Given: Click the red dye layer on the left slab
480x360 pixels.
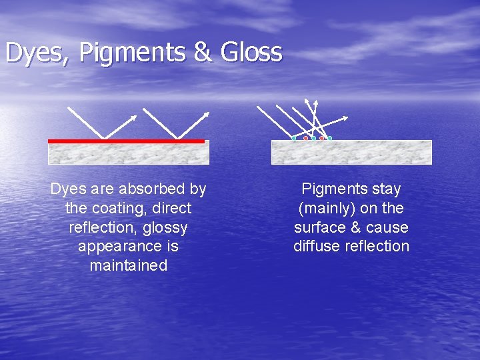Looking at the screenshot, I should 126,141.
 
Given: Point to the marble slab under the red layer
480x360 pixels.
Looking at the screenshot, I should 128,154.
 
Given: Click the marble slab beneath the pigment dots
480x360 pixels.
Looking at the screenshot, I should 351,153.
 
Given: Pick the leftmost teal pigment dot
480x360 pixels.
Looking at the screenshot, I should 294,139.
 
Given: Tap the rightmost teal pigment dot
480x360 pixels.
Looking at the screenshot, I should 329,139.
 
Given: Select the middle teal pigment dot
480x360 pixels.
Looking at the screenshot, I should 313,139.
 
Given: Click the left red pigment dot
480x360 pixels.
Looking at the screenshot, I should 305,139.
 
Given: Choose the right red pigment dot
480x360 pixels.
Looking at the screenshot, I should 321,139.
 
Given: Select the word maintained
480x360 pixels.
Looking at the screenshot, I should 128,265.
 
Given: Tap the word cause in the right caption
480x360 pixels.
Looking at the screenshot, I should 387,227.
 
